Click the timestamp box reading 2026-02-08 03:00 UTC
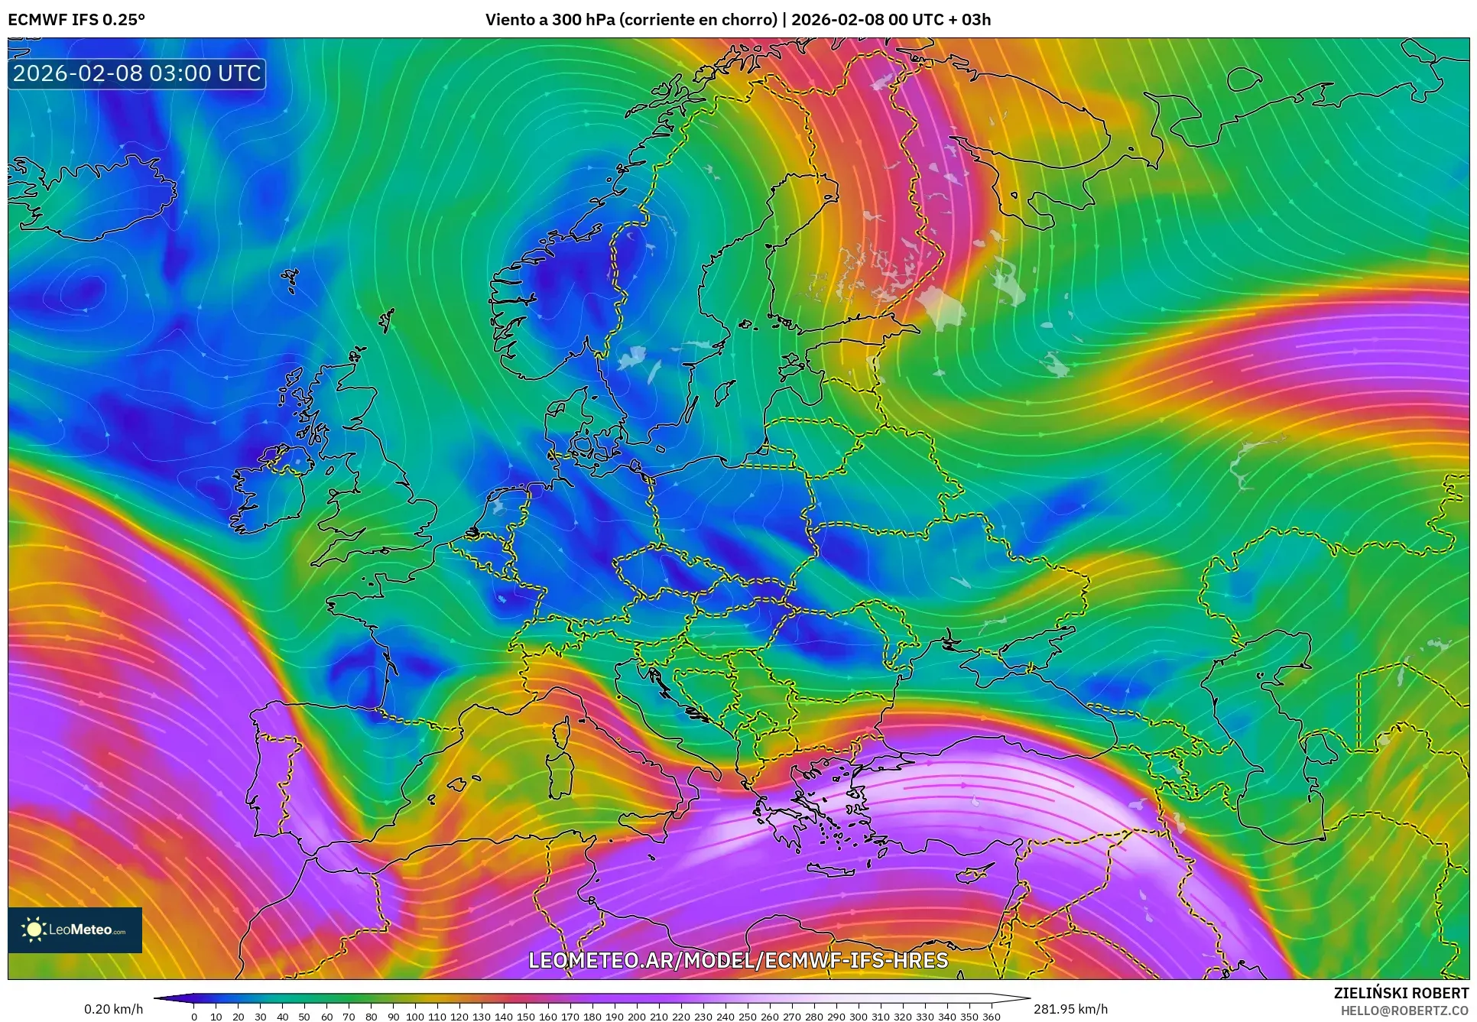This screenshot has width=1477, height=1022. pos(137,73)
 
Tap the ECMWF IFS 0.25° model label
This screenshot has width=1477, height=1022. pos(76,20)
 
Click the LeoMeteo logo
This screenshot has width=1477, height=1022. pos(75,930)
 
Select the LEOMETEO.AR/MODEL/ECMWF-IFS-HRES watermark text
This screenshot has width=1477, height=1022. pos(738,961)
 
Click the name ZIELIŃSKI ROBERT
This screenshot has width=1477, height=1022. pos(1401,993)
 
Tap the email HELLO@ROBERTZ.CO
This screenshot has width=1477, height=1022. pos(1404,1011)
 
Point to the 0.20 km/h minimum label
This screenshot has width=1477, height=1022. pos(113,1009)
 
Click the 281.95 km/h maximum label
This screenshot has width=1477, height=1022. pos(1070,1009)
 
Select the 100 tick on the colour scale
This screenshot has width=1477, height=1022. pos(414,1017)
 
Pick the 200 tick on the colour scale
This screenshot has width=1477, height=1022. pos(636,1017)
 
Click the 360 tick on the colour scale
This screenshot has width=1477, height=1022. pos(991,1017)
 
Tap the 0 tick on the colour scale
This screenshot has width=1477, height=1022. pos(194,1017)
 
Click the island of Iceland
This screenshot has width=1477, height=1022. pos(92,195)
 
